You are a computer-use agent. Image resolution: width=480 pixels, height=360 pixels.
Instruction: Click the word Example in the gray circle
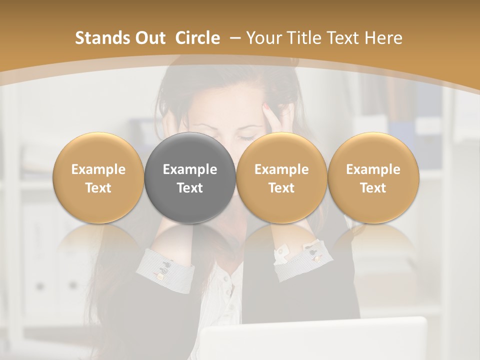(190, 169)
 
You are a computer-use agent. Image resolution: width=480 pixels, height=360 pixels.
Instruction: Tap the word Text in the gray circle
(190, 188)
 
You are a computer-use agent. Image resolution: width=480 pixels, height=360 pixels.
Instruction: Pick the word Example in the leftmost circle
(98, 169)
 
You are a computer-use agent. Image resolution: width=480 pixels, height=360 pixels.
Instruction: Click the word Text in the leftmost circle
(98, 188)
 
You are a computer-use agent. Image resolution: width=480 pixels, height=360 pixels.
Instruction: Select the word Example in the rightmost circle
(373, 169)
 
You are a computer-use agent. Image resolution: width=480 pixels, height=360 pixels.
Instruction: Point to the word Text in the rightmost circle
(373, 188)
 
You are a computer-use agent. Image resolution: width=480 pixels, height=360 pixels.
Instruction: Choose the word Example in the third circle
(281, 169)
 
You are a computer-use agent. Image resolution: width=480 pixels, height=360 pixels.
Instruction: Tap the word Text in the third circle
(281, 188)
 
